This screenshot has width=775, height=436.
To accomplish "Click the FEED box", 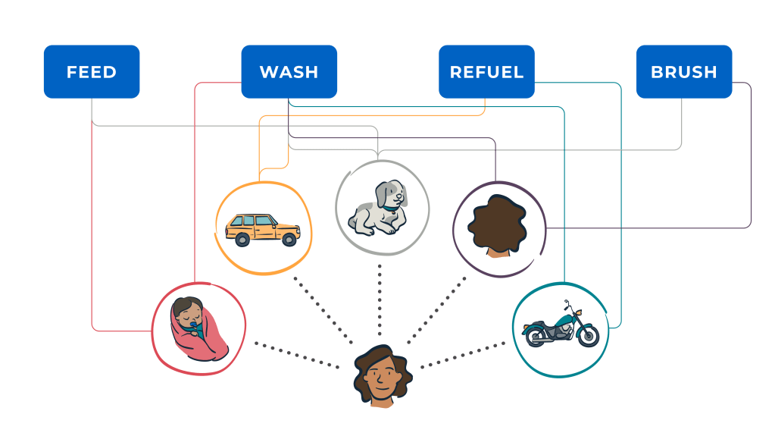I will pos(92,72).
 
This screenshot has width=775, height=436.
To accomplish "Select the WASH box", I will pos(289,72).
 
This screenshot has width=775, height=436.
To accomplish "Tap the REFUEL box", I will pos(486,72).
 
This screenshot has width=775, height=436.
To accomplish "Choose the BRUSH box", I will pos(683,72).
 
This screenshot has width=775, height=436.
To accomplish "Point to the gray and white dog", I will pos(380,207).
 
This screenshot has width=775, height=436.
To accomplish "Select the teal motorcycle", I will pos(560,327).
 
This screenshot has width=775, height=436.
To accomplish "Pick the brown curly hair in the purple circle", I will pos(497,225).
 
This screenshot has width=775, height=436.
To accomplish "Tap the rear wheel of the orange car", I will pos(242,240).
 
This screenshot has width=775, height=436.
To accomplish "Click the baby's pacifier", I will pos(197,328).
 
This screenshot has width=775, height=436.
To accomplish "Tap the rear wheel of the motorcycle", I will pos(536,336).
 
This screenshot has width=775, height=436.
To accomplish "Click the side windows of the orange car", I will pos(255,221).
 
